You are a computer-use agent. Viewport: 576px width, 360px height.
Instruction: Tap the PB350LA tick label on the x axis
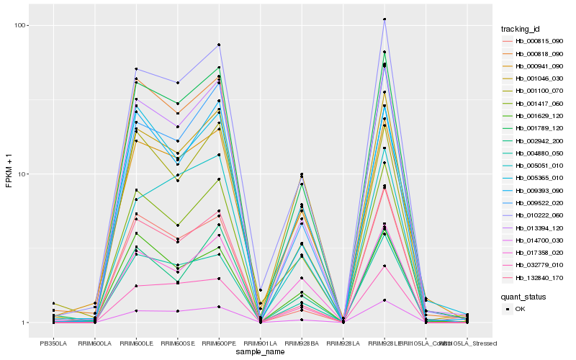53,342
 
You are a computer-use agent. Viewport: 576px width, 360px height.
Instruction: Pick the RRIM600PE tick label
219,342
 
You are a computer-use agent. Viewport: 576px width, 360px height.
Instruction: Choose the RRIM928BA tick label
302,342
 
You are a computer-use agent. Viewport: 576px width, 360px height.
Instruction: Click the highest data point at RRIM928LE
384,19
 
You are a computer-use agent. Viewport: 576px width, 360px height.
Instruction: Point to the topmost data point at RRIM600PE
219,45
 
